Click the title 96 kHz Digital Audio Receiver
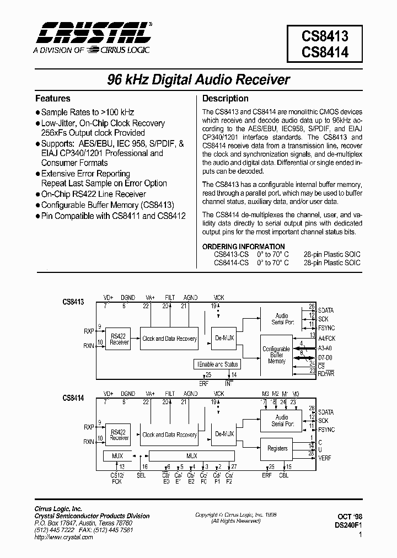point(198,79)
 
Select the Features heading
point(53,99)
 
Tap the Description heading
point(226,99)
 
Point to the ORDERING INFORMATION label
point(243,246)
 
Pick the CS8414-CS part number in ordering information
point(231,263)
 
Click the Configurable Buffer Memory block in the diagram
point(276,355)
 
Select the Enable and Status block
point(217,364)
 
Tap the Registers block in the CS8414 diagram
point(277,448)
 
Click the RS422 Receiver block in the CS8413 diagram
point(119,339)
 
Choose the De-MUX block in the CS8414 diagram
point(223,434)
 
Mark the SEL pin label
point(141,475)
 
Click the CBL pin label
point(283,475)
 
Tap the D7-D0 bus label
point(326,357)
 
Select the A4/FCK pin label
point(327,338)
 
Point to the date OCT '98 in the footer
point(349,517)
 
